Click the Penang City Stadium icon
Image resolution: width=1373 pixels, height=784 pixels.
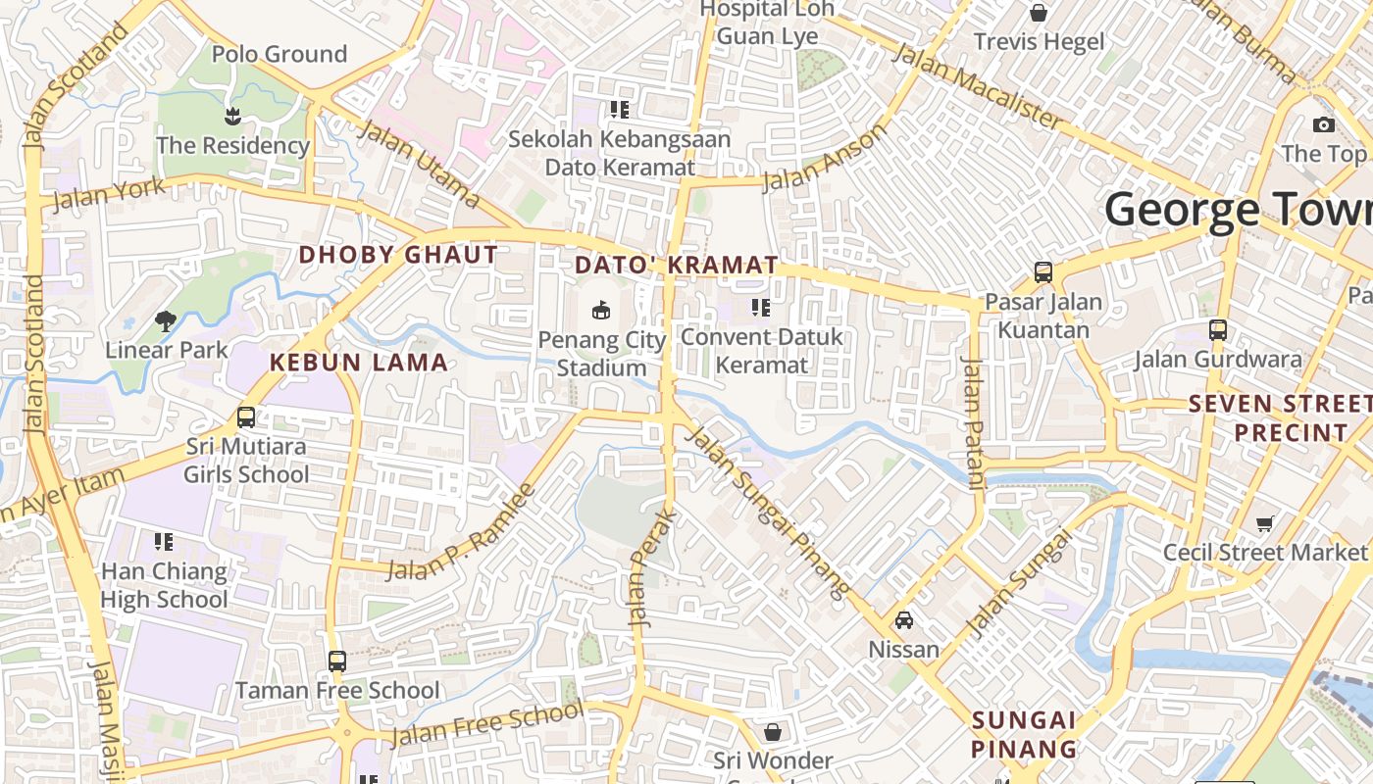(601, 311)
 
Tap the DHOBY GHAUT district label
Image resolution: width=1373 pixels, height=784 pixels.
(398, 255)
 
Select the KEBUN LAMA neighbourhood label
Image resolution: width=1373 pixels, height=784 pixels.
(359, 363)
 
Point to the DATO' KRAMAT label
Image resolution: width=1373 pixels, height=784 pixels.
(677, 266)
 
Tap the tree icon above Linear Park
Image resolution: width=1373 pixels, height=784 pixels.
(166, 320)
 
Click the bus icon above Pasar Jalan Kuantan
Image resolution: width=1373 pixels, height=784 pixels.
(1043, 272)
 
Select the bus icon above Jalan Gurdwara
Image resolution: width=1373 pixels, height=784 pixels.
(1218, 330)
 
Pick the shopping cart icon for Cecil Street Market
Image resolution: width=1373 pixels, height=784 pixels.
(1265, 523)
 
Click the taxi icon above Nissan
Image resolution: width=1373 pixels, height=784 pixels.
(904, 620)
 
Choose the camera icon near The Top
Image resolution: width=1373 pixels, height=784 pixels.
(1324, 124)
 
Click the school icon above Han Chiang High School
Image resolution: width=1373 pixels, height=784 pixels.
(164, 542)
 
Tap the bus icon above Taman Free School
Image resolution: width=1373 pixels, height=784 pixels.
(337, 661)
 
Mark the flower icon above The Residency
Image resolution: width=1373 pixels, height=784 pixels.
(232, 117)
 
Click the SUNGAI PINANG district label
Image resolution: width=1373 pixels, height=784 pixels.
(1024, 735)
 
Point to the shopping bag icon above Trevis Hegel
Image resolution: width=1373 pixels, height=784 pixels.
(1039, 13)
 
